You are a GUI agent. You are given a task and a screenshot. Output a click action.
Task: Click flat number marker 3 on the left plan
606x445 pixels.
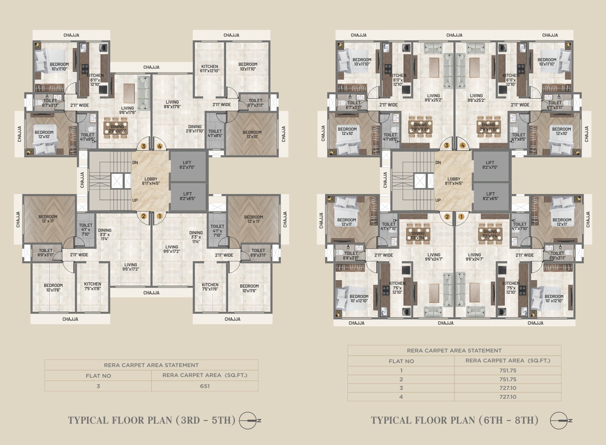point(144,146)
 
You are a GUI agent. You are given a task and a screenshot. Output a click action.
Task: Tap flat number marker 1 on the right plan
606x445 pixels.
point(461,216)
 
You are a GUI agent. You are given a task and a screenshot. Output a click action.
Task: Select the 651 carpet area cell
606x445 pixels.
point(205,386)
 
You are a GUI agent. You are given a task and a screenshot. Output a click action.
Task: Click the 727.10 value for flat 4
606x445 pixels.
point(508,397)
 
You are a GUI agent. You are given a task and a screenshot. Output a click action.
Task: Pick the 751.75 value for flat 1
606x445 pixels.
point(508,370)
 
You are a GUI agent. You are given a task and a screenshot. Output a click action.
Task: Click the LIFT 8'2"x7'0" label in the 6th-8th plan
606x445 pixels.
point(490,165)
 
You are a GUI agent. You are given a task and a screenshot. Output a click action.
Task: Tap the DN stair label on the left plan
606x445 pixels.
point(135,163)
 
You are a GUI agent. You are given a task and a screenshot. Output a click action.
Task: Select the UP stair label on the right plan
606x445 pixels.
point(438,200)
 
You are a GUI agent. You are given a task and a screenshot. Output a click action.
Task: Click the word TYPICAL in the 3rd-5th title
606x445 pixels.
point(88,420)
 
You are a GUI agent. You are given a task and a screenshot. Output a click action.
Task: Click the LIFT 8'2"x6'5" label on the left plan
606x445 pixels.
point(188,196)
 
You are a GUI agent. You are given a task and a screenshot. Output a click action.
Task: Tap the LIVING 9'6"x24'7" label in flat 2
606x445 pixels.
point(434,257)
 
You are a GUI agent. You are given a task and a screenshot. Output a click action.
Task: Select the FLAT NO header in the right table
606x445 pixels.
point(401,361)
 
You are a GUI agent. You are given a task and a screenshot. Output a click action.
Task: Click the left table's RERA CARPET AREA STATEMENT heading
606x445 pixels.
point(151,365)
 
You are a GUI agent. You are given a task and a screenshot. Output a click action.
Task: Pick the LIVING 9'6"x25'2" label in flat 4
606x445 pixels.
point(476,98)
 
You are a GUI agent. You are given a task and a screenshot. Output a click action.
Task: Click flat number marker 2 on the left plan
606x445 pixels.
point(144,216)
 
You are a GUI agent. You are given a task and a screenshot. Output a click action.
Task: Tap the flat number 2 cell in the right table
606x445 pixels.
point(401,379)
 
